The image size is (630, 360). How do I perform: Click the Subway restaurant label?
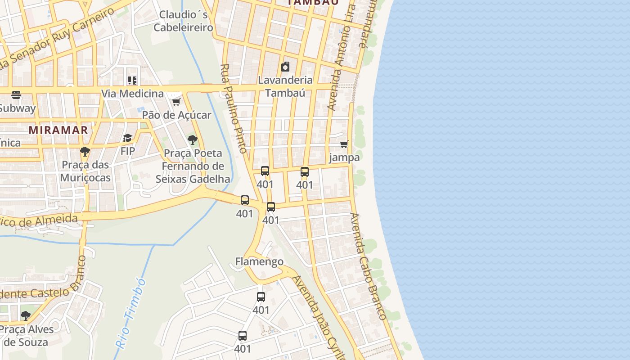click(17, 108)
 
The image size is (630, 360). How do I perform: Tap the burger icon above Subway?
click(16, 95)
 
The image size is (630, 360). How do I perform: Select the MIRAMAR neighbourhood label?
click(58, 130)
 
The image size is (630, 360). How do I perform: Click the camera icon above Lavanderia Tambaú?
click(285, 67)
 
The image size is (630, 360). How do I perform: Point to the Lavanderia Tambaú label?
click(285, 86)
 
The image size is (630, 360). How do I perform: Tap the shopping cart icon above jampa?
click(344, 144)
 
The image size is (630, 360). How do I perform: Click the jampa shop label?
click(344, 157)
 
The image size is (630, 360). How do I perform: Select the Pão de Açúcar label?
click(176, 115)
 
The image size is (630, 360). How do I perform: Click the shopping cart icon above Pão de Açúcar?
click(176, 102)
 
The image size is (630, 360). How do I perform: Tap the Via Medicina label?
click(132, 94)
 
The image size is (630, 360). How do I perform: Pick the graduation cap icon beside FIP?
click(128, 138)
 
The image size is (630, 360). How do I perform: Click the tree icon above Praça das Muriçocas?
click(85, 151)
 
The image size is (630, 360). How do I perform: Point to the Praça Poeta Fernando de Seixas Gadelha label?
click(193, 166)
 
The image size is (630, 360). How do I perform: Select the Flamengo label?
click(259, 261)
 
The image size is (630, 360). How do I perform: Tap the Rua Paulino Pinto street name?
click(234, 108)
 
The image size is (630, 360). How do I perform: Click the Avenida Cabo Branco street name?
click(368, 266)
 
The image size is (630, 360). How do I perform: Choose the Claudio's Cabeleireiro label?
click(183, 21)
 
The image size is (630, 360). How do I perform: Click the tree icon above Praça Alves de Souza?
click(26, 315)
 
